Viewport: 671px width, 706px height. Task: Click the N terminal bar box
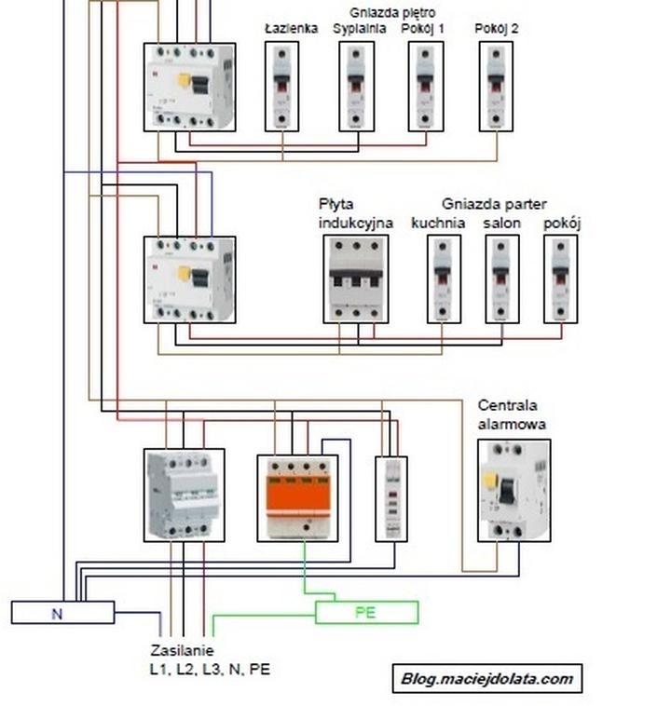tap(62, 612)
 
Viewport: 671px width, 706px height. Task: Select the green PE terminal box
tap(366, 612)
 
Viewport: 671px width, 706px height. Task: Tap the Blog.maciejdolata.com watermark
tap(487, 678)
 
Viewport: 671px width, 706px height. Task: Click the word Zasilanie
tap(182, 650)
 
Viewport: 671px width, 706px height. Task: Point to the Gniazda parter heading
tap(494, 204)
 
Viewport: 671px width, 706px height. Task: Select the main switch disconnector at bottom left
tap(185, 495)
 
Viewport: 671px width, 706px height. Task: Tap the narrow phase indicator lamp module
tap(391, 498)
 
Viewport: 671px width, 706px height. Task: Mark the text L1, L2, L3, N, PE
tap(210, 669)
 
